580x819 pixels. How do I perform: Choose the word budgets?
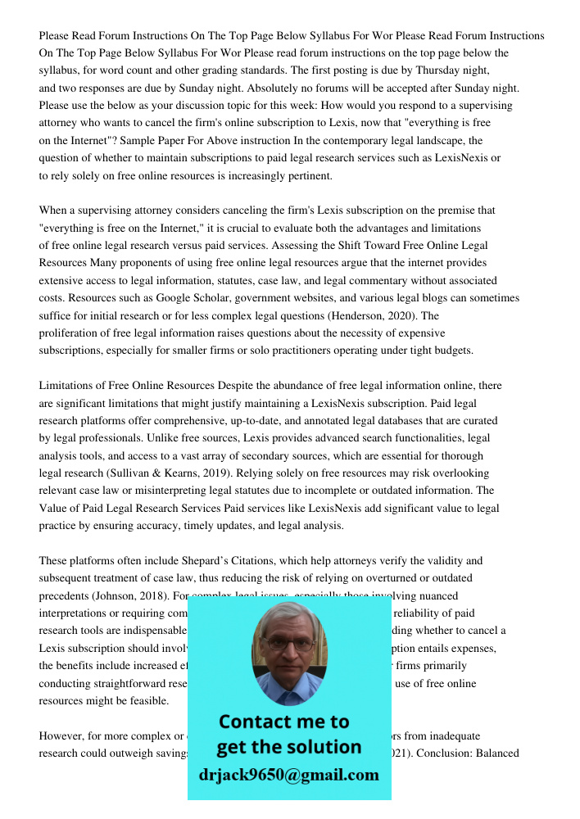coord(452,351)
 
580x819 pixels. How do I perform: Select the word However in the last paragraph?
coord(61,735)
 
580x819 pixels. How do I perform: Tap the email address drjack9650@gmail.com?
coord(289,775)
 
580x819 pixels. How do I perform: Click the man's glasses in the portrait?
coord(289,644)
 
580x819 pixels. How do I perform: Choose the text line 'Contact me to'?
coord(284,722)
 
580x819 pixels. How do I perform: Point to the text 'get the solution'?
coord(288,747)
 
